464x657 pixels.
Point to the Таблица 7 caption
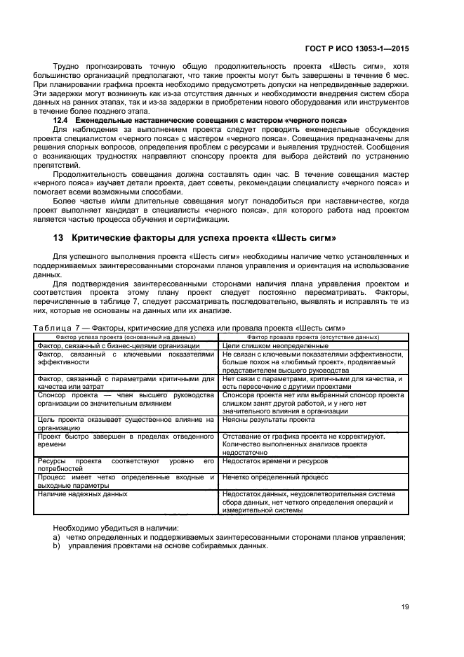(190, 328)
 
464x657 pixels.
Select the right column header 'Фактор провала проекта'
(313, 336)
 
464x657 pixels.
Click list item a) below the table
(228, 537)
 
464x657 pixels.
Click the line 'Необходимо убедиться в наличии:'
(116, 527)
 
